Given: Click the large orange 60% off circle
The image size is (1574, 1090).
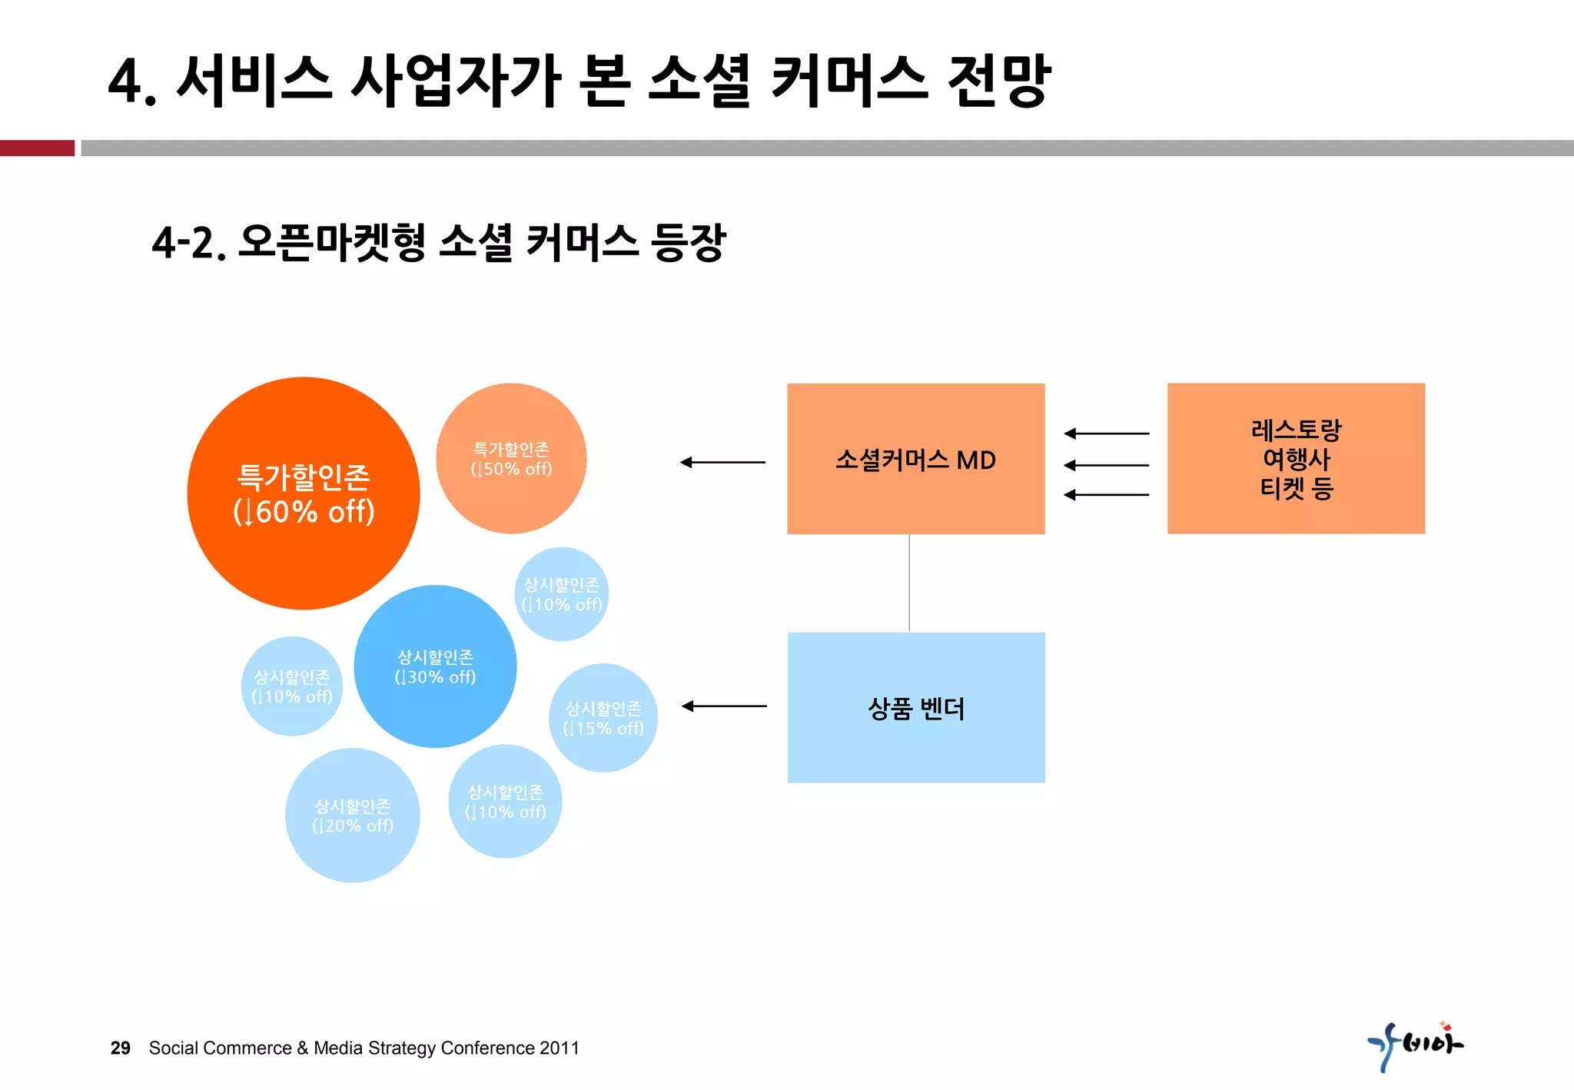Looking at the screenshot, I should click(x=304, y=493).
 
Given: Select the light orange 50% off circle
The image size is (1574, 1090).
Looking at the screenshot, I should click(x=511, y=459).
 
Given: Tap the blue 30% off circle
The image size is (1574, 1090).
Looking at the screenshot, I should click(x=435, y=666).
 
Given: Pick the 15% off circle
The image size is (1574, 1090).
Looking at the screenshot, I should click(x=603, y=718).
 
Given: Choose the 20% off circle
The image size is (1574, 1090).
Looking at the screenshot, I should click(x=353, y=816).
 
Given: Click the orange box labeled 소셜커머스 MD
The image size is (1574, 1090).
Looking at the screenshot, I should click(x=915, y=459).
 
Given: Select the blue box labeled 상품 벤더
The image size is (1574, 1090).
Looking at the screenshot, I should click(x=915, y=708).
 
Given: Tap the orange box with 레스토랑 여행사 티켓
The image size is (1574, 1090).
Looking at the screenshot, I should click(x=1296, y=459).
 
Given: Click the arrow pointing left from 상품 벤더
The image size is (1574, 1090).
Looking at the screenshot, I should click(x=724, y=706).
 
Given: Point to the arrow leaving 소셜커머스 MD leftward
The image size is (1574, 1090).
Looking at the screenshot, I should click(x=722, y=462).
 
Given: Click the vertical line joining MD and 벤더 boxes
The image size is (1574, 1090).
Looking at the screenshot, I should click(x=909, y=583).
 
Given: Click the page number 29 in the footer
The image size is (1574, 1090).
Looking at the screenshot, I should click(x=121, y=1048).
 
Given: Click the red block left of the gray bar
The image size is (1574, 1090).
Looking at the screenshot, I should click(x=37, y=148).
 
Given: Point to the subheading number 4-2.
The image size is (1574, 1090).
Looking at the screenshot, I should click(x=188, y=243).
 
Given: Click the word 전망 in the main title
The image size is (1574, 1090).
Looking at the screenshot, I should click(x=998, y=80).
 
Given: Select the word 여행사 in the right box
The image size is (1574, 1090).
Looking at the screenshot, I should click(x=1296, y=459).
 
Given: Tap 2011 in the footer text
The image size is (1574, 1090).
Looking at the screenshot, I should click(x=560, y=1048).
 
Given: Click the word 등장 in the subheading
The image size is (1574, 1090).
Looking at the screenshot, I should click(x=688, y=243).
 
